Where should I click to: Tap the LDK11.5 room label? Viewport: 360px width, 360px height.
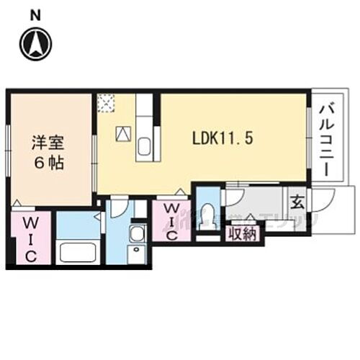click(221, 139)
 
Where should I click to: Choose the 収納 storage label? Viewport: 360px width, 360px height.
click(244, 233)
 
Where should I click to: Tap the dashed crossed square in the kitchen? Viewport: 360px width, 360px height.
click(107, 104)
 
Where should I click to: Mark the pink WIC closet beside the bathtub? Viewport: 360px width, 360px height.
click(30, 238)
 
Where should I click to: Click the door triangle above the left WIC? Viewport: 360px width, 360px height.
click(16, 204)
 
